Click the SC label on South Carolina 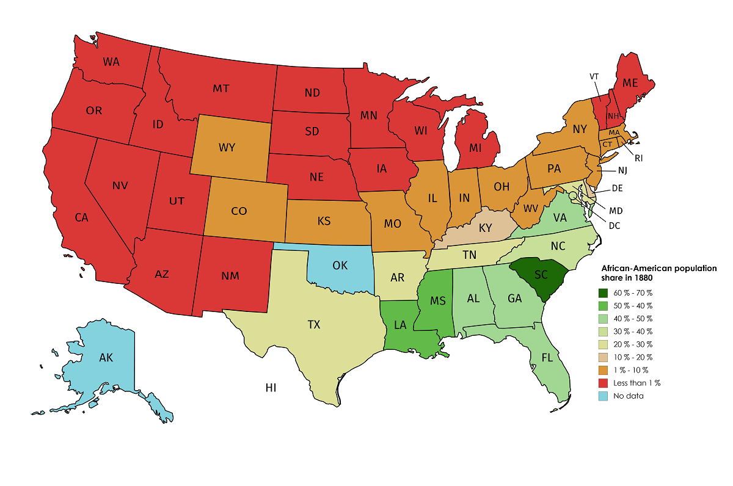click(x=541, y=275)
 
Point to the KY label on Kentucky click(x=486, y=228)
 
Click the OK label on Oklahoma click(x=340, y=266)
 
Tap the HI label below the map click(x=271, y=387)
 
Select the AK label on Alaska click(x=106, y=358)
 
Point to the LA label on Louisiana click(x=399, y=325)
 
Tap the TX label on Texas click(x=313, y=325)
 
